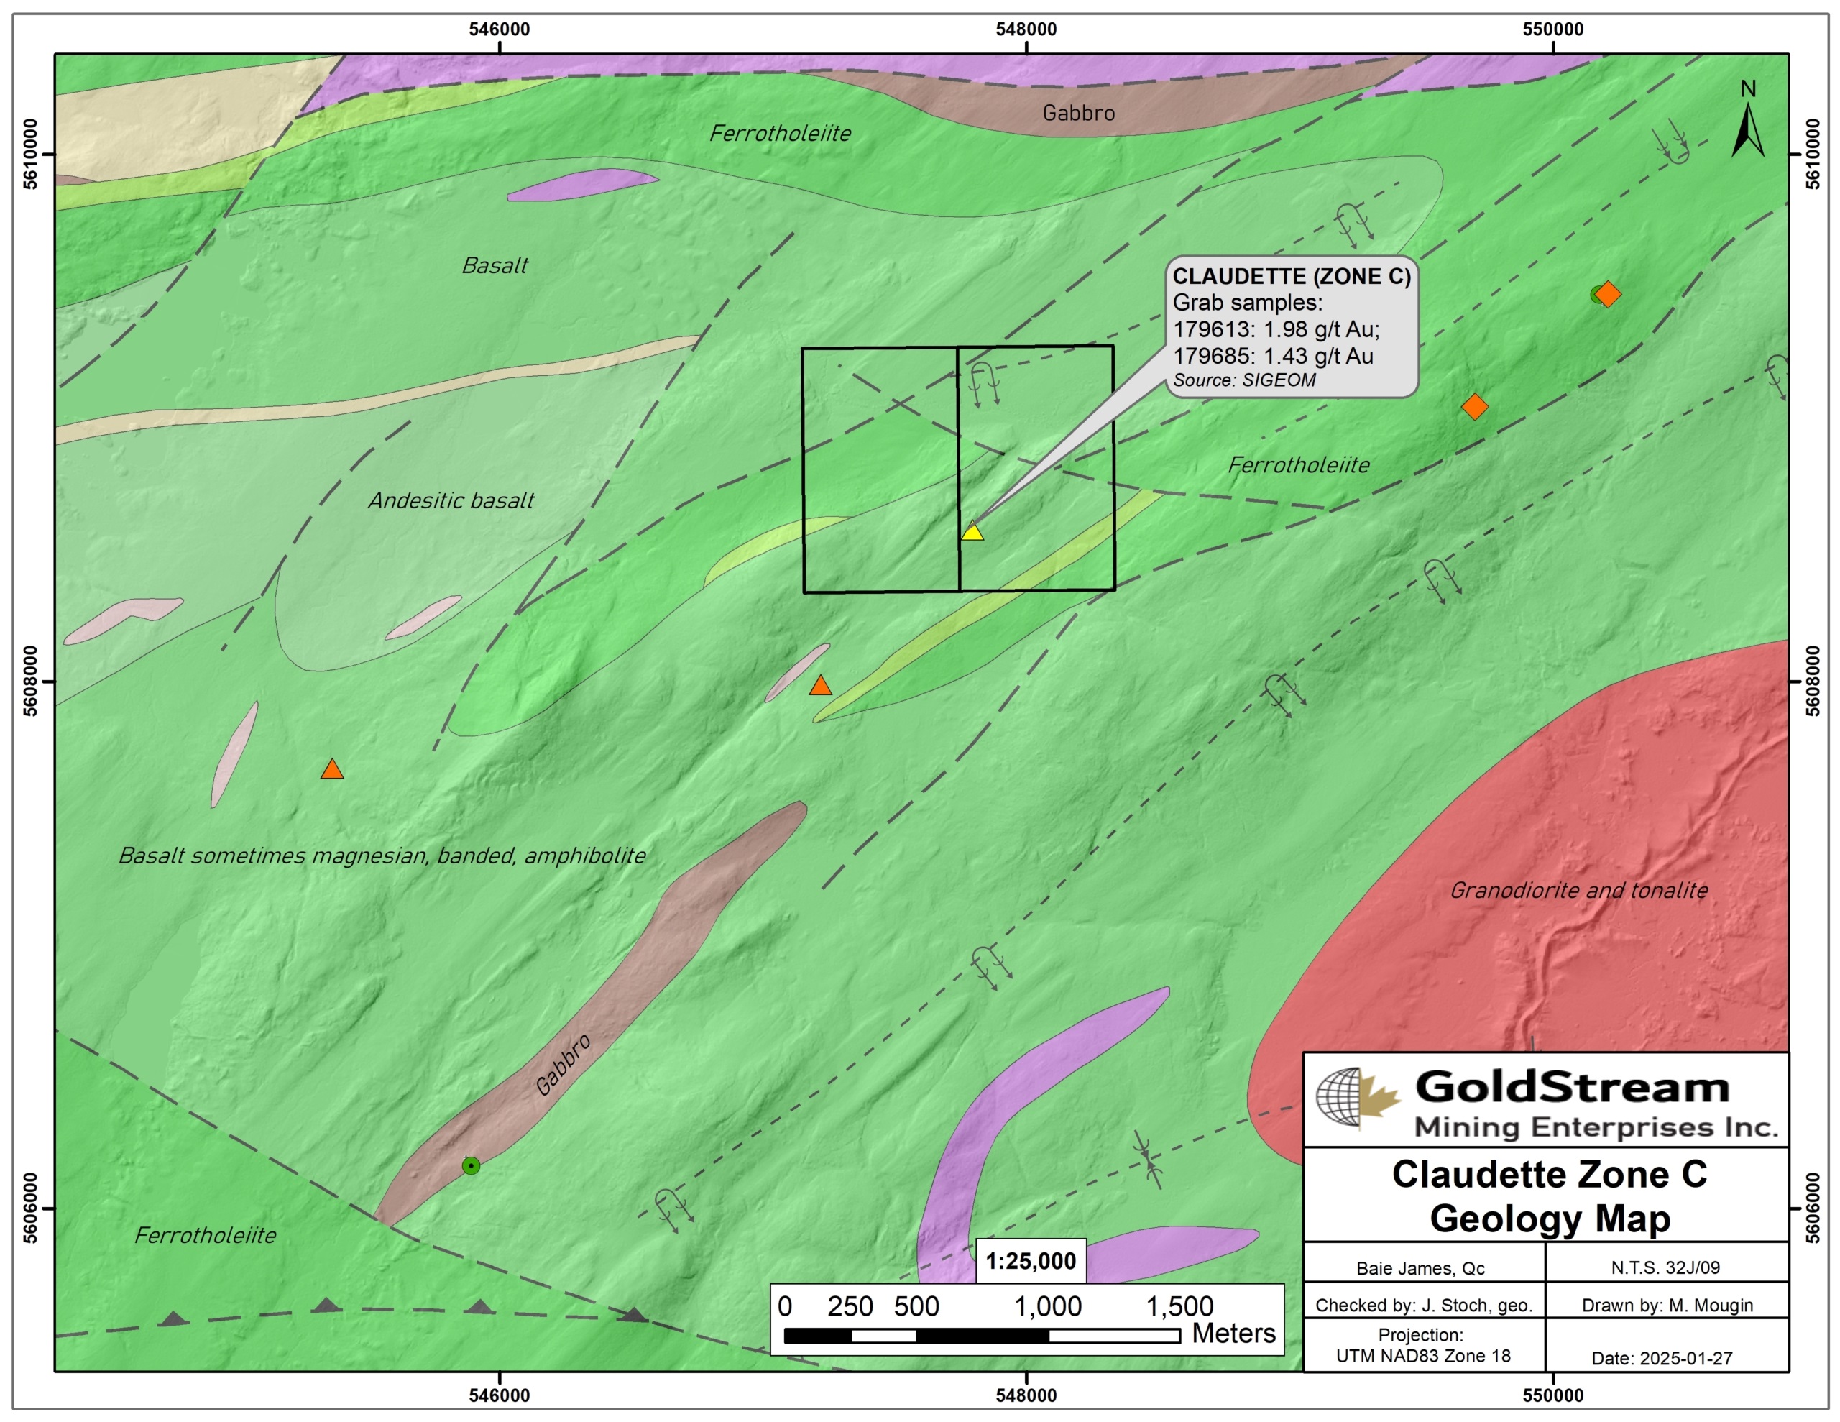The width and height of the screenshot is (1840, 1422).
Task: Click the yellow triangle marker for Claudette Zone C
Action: tap(972, 532)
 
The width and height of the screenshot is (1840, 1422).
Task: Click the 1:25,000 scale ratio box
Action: tap(1031, 1261)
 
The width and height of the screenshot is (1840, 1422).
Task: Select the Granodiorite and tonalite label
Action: tap(1578, 890)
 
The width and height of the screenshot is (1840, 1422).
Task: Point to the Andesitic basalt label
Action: tap(451, 500)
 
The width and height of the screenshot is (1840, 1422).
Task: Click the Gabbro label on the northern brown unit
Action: tap(1078, 113)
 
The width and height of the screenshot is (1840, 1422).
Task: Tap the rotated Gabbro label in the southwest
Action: tap(563, 1065)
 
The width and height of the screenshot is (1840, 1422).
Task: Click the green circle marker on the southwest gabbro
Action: tap(471, 1166)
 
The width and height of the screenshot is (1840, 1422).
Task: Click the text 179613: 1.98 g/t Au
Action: tap(1276, 329)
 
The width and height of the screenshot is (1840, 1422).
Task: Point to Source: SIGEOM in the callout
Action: tap(1243, 380)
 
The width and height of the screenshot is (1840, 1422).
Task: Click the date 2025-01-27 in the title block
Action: tap(1662, 1358)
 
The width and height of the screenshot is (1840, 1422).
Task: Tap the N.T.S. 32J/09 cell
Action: tap(1665, 1267)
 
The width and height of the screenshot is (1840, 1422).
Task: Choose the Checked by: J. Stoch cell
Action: tap(1423, 1305)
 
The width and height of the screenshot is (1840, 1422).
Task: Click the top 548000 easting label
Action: tap(1026, 29)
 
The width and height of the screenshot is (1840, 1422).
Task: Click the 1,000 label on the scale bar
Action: tap(1047, 1306)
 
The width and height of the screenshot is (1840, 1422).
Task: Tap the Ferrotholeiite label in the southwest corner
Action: tap(205, 1236)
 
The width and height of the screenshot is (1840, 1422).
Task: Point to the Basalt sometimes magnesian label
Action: tap(382, 856)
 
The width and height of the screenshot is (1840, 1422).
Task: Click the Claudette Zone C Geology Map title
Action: tap(1548, 1196)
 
